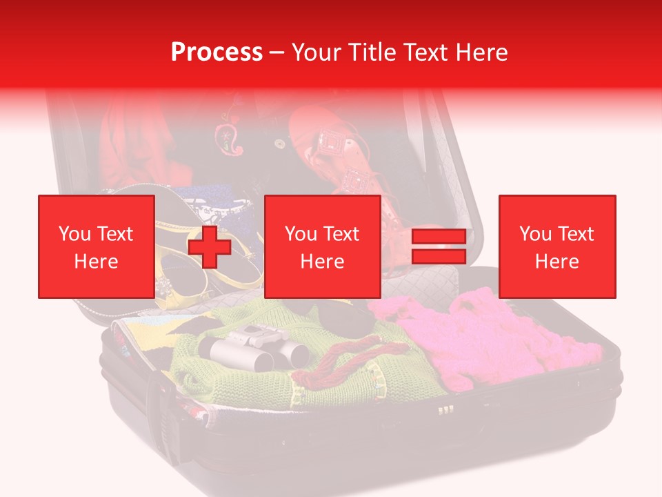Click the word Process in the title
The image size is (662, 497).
(217, 52)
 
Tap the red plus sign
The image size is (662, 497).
(209, 246)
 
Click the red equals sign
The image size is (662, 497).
(439, 246)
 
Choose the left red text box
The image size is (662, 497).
(96, 246)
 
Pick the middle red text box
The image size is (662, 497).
(322, 246)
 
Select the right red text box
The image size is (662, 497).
(556, 246)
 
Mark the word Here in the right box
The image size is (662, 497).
(556, 261)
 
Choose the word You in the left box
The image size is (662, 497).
(74, 234)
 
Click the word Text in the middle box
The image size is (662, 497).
(341, 234)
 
